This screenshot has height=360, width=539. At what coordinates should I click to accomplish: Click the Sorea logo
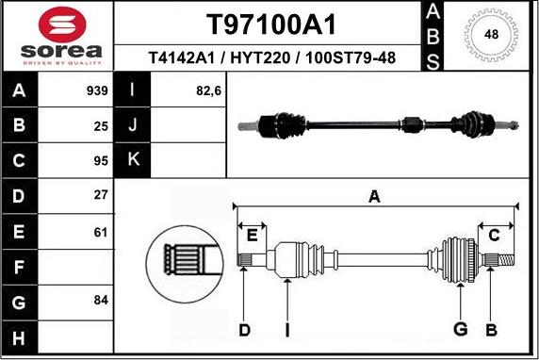tap(57, 36)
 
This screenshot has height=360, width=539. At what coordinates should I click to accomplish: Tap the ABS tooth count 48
tap(490, 35)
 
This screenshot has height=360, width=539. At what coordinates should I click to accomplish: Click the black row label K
tap(133, 159)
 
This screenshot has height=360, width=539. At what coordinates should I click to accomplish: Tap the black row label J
tap(133, 124)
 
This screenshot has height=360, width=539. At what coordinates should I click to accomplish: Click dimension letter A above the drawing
tap(374, 197)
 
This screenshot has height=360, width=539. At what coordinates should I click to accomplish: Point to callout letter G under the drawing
tap(460, 329)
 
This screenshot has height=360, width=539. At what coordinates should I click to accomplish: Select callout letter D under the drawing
tap(245, 329)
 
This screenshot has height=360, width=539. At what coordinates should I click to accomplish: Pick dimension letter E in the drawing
tap(252, 235)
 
